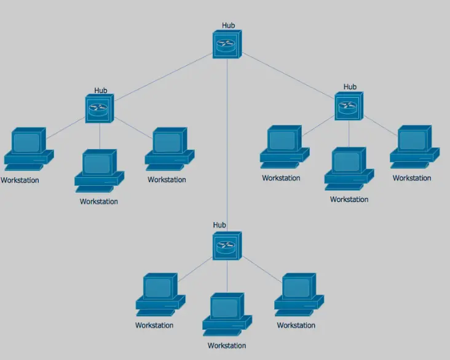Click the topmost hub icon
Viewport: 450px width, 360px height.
point(227,44)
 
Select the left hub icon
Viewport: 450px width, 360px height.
point(99,108)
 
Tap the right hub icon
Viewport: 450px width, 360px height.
point(349,106)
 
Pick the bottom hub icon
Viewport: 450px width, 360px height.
point(227,246)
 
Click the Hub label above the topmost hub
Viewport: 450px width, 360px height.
point(229,26)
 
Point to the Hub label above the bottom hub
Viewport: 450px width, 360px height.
point(219,225)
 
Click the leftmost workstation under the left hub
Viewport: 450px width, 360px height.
point(28,148)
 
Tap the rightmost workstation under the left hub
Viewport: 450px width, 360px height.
point(168,148)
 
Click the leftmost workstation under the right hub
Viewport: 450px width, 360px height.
point(283,146)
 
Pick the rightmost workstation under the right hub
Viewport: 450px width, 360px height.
point(414,146)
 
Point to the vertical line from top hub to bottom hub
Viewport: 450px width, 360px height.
point(227,142)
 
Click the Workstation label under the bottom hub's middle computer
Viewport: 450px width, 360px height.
point(227,346)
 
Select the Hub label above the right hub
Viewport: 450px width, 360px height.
point(350,87)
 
